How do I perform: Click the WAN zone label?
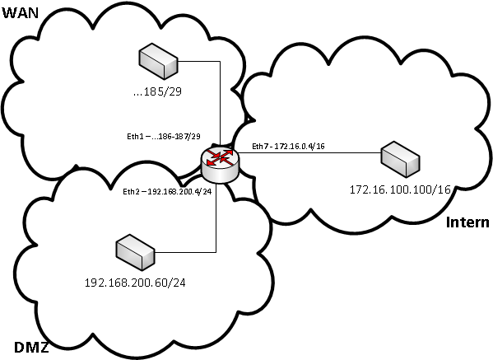pos(21,13)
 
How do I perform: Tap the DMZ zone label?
pos(32,348)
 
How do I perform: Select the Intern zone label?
pos(467,222)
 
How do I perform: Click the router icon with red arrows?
pos(220,164)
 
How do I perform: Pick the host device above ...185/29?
pos(158,61)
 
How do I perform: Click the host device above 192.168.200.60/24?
pos(136,252)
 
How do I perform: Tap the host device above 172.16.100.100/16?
pos(400,159)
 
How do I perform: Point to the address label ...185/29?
pos(157,91)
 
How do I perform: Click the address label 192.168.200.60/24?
pos(135,283)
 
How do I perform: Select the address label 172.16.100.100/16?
pos(400,189)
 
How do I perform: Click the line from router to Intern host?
pos(309,153)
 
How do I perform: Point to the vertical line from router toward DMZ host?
pos(216,217)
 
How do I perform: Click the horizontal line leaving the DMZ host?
pos(185,252)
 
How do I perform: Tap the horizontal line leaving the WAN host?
pos(198,61)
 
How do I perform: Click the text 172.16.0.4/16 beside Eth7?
pos(300,146)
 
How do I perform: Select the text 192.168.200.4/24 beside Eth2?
pos(179,191)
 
